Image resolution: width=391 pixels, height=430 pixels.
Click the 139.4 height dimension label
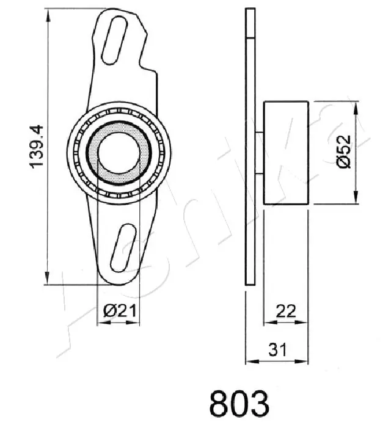tap(37, 147)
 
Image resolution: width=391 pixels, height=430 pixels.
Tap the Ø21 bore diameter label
tap(119, 311)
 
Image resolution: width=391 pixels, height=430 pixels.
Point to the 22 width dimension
tap(285, 311)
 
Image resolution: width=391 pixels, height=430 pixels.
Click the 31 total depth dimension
tap(277, 349)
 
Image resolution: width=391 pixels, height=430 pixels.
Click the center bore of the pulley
tap(119, 152)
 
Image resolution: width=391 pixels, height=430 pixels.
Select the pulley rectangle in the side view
tap(286, 152)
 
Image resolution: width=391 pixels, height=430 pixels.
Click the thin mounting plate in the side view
tap(249, 147)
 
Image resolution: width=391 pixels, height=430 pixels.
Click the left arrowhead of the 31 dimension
tap(248, 359)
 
